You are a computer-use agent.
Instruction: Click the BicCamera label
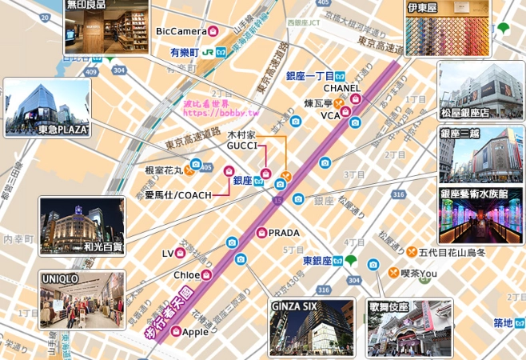click(x=181, y=31)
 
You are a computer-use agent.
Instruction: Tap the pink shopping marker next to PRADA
click(x=261, y=233)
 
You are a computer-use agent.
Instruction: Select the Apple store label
click(x=195, y=331)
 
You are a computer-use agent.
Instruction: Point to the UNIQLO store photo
click(x=82, y=300)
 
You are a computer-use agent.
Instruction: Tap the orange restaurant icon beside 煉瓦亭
click(x=338, y=103)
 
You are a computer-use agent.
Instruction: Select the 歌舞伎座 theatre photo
click(x=409, y=328)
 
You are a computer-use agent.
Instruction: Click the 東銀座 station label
click(x=317, y=261)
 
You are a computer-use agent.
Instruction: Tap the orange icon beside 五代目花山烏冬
click(x=411, y=252)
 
